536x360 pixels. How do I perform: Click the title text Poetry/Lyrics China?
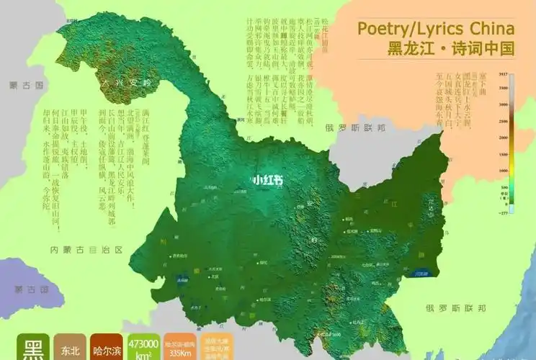click(436, 29)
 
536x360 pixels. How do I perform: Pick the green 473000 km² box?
click(143, 347)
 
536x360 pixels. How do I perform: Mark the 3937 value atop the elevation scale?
click(504, 75)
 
